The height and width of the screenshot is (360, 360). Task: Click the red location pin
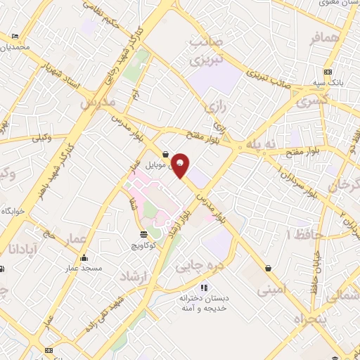pyautogui.click(x=181, y=165)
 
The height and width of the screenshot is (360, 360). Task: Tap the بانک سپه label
pyautogui.click(x=328, y=82)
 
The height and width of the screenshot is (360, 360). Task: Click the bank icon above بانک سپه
pyautogui.click(x=328, y=72)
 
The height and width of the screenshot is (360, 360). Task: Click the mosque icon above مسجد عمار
pyautogui.click(x=85, y=257)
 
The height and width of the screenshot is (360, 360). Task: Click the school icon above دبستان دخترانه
pyautogui.click(x=205, y=287)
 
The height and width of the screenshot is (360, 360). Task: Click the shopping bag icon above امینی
pyautogui.click(x=269, y=268)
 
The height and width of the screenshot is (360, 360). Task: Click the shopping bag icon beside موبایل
pyautogui.click(x=165, y=154)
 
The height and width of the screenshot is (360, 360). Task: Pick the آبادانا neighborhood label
pyautogui.click(x=20, y=248)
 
